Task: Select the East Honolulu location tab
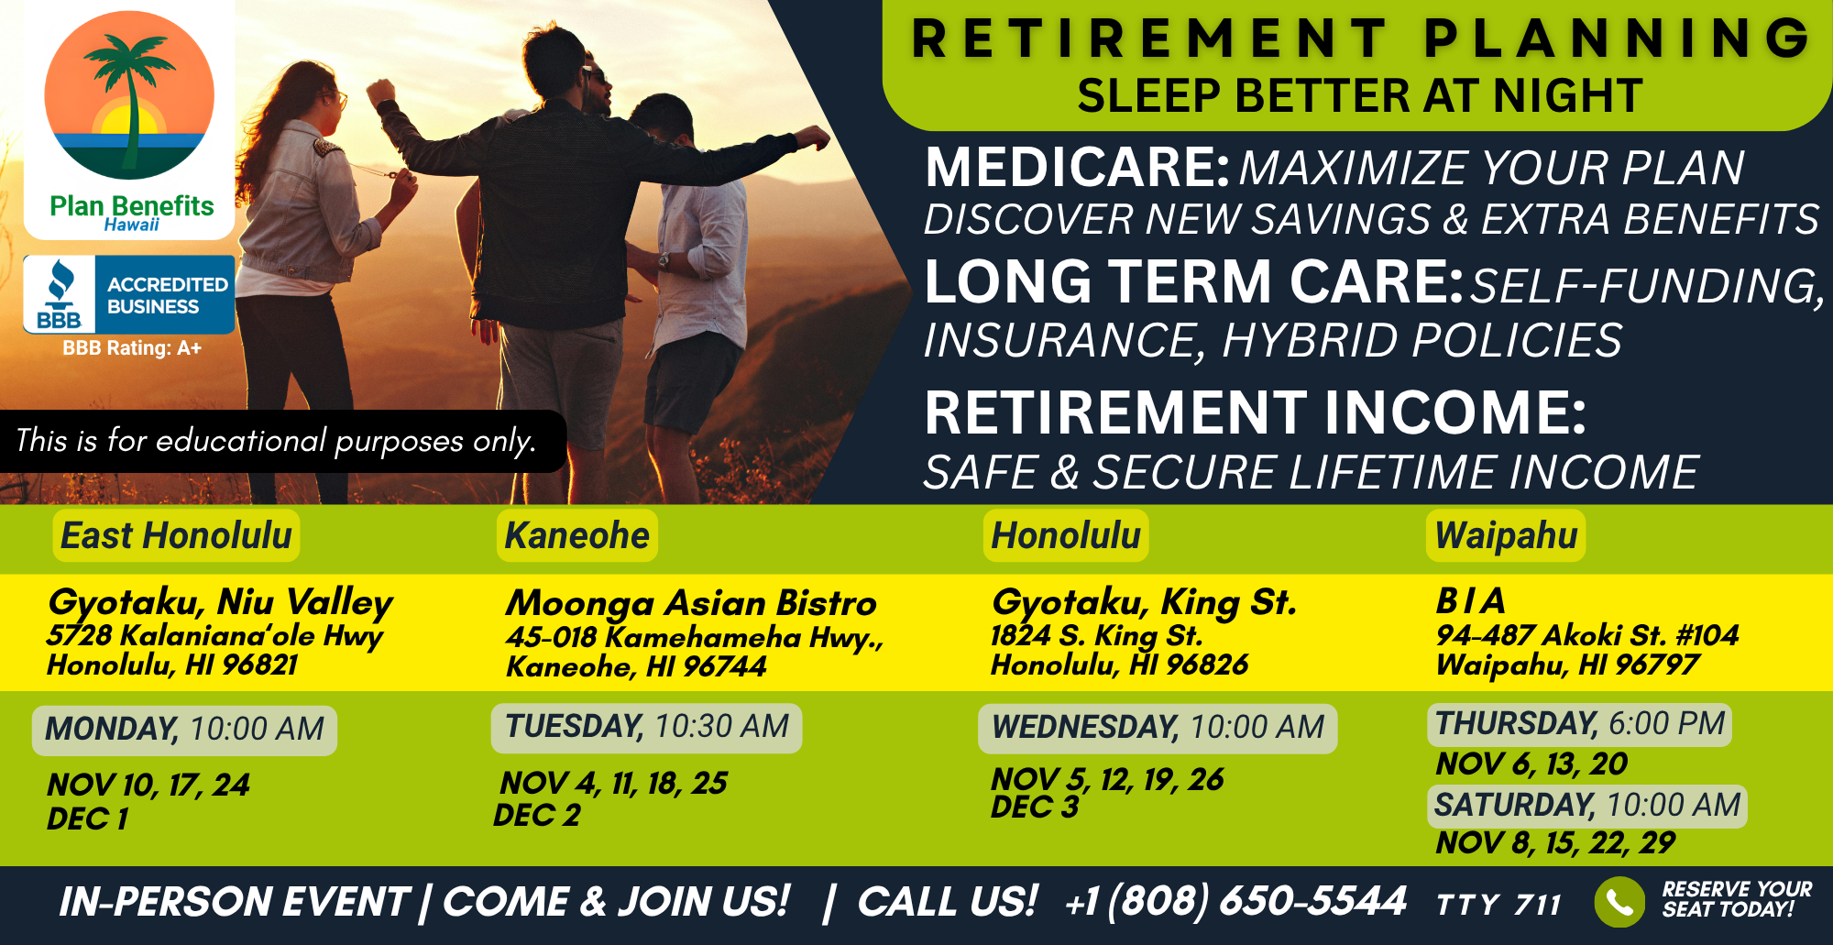(176, 535)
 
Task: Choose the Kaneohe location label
(576, 535)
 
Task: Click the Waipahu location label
(1506, 535)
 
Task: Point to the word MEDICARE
(1077, 168)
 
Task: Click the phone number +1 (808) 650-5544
(1235, 901)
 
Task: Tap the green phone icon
(1619, 902)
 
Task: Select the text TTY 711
(1498, 906)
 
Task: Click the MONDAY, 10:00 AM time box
(184, 730)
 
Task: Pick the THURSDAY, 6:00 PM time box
(1579, 724)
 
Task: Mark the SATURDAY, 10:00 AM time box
(1586, 806)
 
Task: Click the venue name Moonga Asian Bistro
(691, 603)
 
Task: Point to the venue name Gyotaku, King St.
(1144, 602)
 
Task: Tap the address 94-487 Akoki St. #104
(1586, 635)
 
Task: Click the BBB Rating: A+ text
(132, 348)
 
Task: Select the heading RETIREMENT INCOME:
(1255, 412)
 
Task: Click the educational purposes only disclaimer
(276, 441)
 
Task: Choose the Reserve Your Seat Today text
(1736, 899)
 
